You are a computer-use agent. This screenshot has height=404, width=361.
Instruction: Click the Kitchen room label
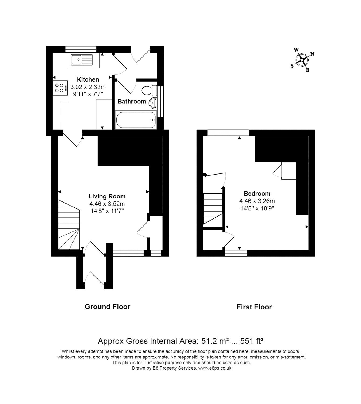88,79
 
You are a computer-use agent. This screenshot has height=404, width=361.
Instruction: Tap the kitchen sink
82,60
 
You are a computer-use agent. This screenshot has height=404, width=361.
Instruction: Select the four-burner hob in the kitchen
60,88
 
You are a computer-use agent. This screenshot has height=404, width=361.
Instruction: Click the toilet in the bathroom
150,90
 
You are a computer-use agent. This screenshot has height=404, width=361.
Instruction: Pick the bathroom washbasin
153,103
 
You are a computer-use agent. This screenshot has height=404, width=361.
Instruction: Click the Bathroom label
132,102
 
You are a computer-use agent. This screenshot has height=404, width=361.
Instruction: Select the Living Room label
107,196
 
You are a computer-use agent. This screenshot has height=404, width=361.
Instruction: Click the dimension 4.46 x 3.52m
107,204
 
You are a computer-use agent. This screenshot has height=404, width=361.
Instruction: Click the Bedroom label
257,193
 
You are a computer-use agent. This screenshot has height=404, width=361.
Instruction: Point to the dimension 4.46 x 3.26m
257,201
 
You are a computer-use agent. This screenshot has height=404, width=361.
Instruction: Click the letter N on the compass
312,54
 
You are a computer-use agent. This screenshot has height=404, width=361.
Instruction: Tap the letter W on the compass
296,50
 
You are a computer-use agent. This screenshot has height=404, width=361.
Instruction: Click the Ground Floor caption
107,307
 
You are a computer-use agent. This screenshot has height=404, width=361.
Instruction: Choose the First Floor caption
254,307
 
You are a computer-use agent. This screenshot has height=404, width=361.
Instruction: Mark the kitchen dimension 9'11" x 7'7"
88,94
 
